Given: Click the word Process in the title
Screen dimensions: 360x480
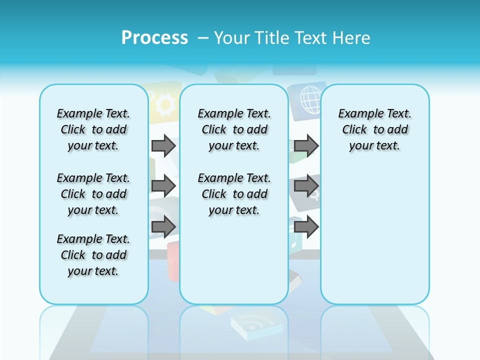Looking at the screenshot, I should [154, 37].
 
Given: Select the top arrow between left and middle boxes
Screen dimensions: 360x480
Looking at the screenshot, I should [163, 145].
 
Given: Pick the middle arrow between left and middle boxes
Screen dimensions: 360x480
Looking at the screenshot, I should [163, 186].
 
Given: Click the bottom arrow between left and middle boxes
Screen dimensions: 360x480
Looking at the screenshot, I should [163, 226].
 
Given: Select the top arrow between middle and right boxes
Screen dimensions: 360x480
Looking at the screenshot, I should [306, 145].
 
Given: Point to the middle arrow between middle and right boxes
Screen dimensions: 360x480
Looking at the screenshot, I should [306, 186].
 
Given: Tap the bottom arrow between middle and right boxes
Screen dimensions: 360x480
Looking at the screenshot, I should [306, 226].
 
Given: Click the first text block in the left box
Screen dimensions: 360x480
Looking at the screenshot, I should [93, 129].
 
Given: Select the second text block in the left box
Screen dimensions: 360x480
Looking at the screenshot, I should [93, 194].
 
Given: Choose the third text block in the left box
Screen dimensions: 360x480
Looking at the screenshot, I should [93, 255].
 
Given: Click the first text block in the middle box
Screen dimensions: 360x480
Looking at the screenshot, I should [234, 129].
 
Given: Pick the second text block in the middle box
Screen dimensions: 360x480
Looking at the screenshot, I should [234, 194].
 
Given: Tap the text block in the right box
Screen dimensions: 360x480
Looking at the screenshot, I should [374, 129].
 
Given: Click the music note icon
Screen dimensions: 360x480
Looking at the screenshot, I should [294, 242].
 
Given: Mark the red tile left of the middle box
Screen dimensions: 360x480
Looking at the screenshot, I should [173, 259].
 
